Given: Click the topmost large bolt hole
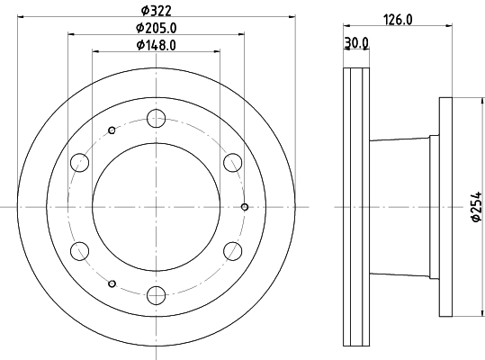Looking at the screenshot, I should pos(157,117).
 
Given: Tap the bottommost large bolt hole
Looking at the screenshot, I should pos(157,294).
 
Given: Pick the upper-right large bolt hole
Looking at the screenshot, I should pos(233,162).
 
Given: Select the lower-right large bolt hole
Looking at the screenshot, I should pos(233,250).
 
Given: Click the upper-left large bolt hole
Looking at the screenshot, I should pos(80,162).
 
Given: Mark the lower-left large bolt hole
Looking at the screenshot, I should pos(80,250).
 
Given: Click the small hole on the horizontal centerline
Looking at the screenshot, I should pos(245,206).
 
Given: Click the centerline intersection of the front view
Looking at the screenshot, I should pos(157,206).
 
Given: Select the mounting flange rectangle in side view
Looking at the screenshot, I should pos(445,206).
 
